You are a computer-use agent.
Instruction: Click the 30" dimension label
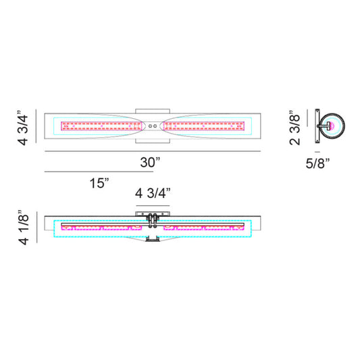point(149,162)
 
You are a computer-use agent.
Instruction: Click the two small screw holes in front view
point(153,126)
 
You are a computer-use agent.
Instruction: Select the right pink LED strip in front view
point(203,126)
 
